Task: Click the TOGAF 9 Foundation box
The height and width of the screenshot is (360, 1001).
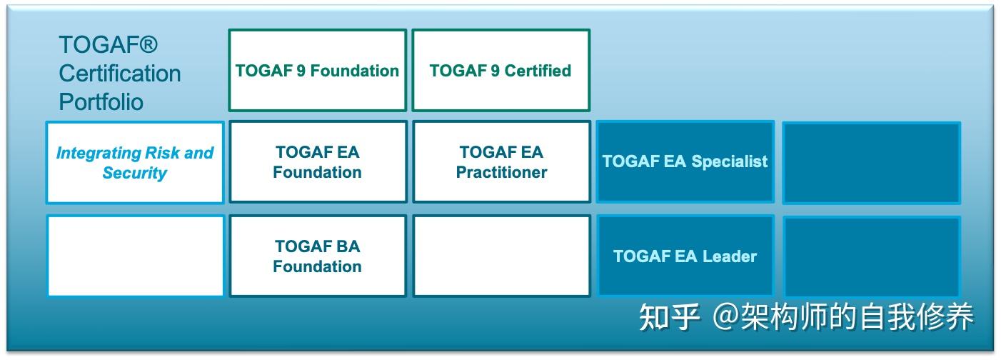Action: coord(318,71)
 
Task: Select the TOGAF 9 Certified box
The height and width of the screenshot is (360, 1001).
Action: coord(500,71)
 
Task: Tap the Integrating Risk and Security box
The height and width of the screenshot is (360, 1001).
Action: coord(135,162)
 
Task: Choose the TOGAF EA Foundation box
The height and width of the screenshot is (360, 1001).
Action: coord(318,162)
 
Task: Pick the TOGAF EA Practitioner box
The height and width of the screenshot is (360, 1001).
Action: coord(501,162)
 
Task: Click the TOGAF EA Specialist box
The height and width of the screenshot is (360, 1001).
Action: coord(685,162)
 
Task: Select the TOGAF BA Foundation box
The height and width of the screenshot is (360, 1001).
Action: coord(318,256)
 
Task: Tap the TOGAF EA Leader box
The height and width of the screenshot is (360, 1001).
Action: coord(685,256)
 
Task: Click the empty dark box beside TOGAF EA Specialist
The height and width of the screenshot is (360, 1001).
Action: coord(871,163)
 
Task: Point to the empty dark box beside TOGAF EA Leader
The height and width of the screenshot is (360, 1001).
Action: coord(871,256)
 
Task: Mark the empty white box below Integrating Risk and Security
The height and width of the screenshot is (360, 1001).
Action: coord(135,256)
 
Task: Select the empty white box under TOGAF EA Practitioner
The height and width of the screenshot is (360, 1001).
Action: coord(501,256)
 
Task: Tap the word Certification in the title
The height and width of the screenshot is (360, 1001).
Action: coord(119,74)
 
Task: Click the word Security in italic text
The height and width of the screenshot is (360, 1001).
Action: coord(135,173)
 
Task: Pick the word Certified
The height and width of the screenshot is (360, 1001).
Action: coord(538,71)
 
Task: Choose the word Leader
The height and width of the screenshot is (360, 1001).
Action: coord(730,256)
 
